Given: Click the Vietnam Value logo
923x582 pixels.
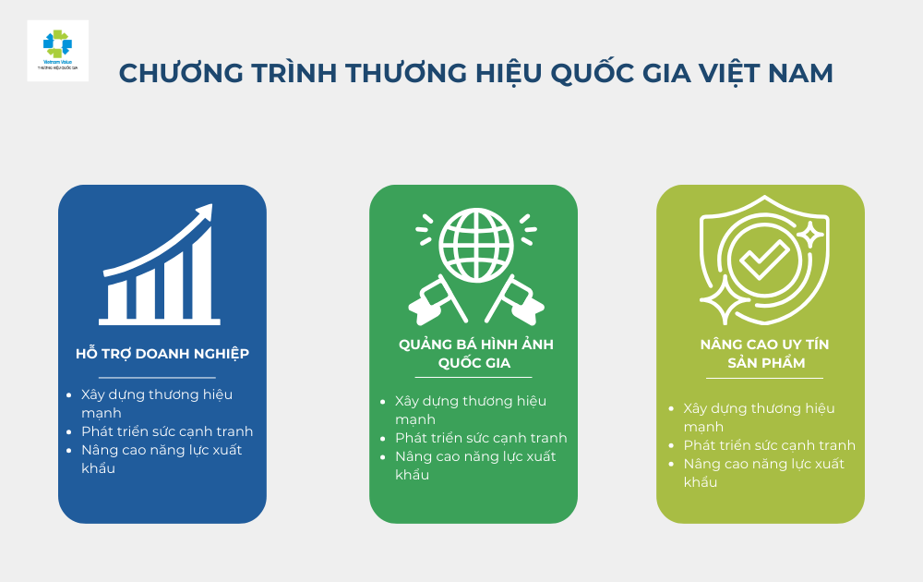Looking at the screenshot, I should [x=57, y=50].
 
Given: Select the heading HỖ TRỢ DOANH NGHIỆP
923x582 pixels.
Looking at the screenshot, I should [x=162, y=353].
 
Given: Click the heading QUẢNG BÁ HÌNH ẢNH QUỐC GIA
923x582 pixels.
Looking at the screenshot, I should [x=475, y=353].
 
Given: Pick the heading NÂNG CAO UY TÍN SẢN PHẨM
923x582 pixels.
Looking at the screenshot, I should [x=764, y=353].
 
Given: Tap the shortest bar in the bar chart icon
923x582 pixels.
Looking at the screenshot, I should [x=117, y=297].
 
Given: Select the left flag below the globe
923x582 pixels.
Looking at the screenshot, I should [x=433, y=297].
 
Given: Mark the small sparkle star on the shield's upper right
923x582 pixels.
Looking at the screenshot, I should [x=810, y=235].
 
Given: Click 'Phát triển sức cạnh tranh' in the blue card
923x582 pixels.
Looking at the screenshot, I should [x=167, y=431].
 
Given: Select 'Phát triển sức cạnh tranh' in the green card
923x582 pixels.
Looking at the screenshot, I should [x=481, y=438].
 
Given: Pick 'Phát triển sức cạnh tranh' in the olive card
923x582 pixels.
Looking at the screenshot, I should [x=769, y=445].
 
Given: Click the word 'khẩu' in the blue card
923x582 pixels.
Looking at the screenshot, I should [x=98, y=468].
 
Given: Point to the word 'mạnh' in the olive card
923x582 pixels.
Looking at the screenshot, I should [x=703, y=427].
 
